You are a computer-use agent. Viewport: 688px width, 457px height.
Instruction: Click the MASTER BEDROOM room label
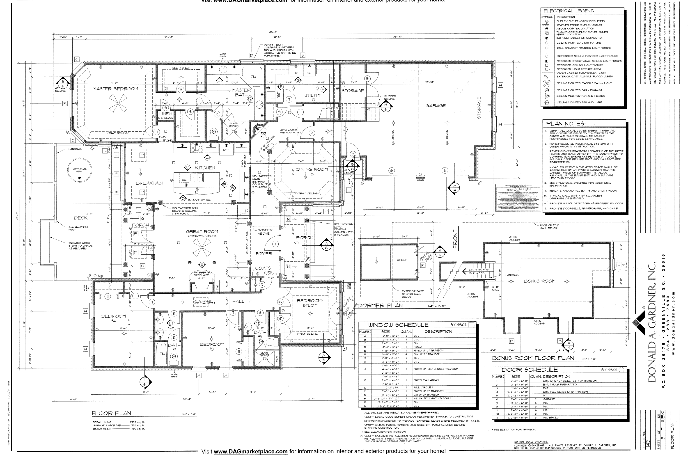[x=115, y=89]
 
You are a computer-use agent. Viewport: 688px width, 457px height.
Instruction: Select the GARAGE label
[x=436, y=105]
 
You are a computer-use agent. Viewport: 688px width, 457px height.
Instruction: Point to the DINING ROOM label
[x=312, y=169]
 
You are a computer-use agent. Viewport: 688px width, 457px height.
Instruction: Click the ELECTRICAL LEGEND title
[x=569, y=11]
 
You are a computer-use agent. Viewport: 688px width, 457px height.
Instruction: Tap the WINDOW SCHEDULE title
[x=398, y=325]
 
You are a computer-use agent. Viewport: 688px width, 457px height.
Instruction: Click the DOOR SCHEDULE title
[x=530, y=370]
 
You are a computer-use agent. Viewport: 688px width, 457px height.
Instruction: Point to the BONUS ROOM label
[x=540, y=281]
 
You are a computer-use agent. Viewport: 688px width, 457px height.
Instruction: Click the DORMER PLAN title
[x=380, y=305]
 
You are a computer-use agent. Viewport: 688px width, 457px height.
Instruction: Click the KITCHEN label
[x=205, y=168]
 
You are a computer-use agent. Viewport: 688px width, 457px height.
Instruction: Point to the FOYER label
[x=264, y=254]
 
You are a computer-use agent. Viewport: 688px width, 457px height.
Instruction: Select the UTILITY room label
[x=312, y=95]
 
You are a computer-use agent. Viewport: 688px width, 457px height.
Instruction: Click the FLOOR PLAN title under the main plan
[x=111, y=413]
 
